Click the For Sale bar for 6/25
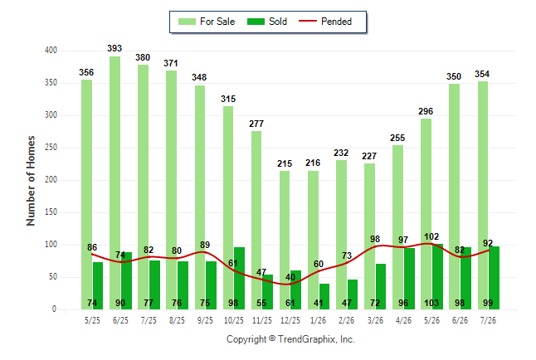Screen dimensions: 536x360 coord(115,183)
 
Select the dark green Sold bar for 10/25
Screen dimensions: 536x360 coord(239,278)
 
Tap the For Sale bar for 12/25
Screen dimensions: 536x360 coord(285,240)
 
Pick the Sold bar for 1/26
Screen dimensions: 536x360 coord(324,296)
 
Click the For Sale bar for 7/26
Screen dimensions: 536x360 coord(483,195)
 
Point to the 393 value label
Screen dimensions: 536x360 coord(115,49)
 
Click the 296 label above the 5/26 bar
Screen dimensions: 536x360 coord(426,111)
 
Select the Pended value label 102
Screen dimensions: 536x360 coord(431,236)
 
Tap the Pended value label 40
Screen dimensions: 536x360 coord(290,277)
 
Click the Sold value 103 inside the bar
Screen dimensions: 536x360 coord(431,303)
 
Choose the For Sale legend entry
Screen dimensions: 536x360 coord(207,22)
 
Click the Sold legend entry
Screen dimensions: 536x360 coord(267,22)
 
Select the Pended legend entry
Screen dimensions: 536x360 coord(325,22)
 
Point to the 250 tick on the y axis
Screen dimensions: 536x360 coord(51,148)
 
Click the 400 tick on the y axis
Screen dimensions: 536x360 coord(51,51)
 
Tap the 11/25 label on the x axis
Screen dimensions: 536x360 coord(262,320)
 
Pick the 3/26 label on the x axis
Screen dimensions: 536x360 coord(375,320)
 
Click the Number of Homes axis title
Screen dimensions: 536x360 coord(31,181)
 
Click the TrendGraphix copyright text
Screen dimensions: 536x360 coord(290,339)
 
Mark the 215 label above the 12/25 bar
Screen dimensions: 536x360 coord(285,163)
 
